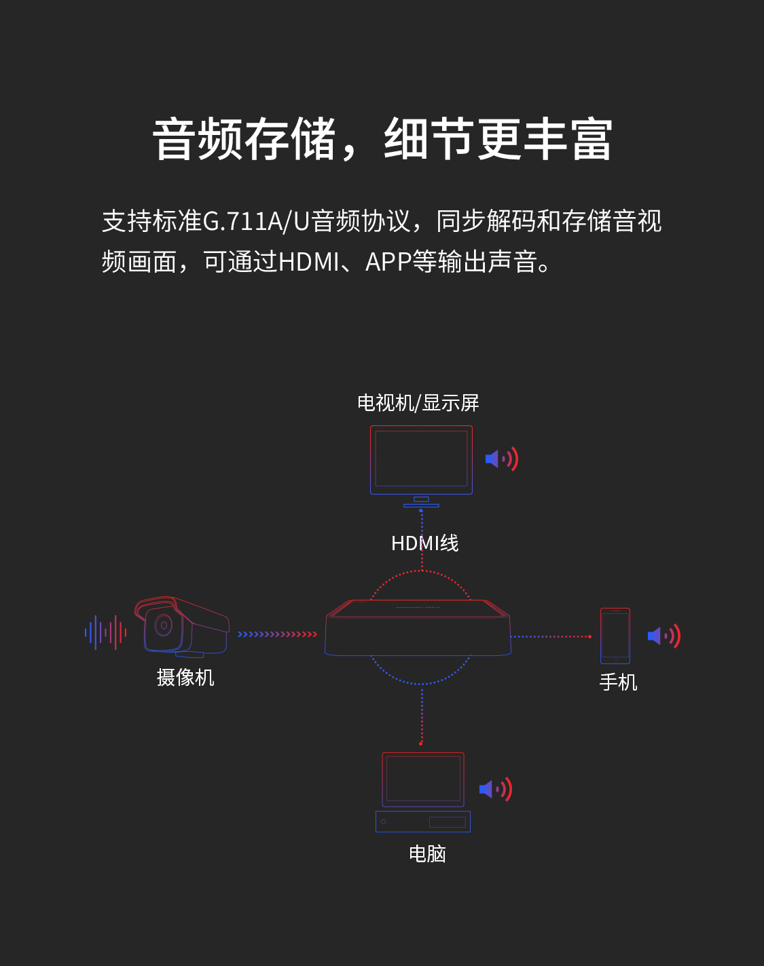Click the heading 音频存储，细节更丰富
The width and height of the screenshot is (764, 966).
382,140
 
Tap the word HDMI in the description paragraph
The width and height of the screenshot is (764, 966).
308,262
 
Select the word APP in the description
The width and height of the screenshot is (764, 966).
388,262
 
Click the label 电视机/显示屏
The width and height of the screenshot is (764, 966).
418,403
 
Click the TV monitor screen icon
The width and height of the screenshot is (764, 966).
421,459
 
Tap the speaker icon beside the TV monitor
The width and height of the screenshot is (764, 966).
501,459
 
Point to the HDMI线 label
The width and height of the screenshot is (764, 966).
425,543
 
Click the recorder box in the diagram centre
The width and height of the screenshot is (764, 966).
418,628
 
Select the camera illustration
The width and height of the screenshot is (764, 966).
183,626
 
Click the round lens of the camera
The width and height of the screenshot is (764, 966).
163,625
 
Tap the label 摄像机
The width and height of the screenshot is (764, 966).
185,677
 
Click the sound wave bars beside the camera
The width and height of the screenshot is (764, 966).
106,632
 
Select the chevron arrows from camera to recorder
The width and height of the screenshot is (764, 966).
277,634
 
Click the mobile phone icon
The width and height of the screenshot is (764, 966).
615,636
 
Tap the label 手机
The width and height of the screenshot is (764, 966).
618,682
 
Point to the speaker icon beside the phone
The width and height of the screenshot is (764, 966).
663,636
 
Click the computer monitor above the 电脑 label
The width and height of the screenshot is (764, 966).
423,779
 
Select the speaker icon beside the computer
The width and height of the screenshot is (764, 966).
495,789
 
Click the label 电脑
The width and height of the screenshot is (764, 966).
427,853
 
